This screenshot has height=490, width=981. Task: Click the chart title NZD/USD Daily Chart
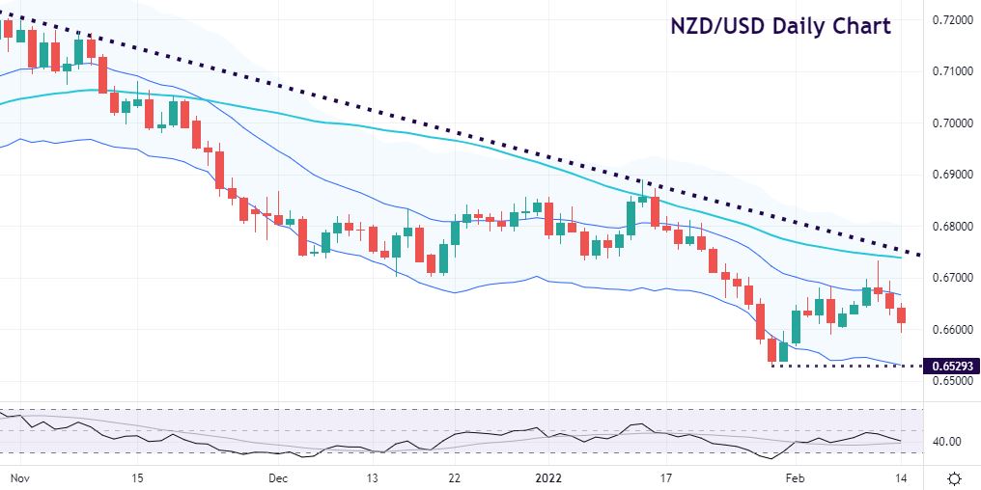point(781,26)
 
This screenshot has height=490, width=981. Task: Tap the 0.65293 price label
point(950,367)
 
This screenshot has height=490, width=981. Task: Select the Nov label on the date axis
point(17,477)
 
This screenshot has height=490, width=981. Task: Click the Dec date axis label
point(278,477)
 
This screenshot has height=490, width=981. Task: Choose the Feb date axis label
point(795,477)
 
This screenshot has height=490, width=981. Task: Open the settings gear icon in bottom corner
point(954,478)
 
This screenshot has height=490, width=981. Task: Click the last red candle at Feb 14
point(902,315)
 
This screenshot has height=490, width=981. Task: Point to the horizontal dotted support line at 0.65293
point(840,366)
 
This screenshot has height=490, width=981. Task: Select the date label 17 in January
point(665,477)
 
